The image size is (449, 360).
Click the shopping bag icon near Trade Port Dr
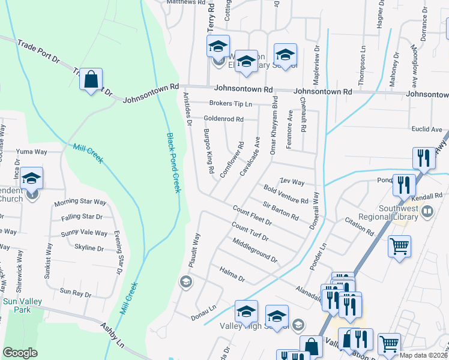pyautogui.click(x=91, y=80)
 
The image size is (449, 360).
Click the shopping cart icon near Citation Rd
pyautogui.click(x=400, y=245)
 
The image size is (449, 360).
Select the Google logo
pyautogui.click(x=20, y=353)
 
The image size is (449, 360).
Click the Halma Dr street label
pyautogui.click(x=232, y=275)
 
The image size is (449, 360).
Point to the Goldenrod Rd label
pyautogui.click(x=223, y=119)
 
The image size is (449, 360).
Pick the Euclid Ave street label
pyautogui.click(x=427, y=129)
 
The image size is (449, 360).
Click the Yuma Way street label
pyautogui.click(x=31, y=152)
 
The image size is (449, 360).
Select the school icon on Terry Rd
pyautogui.click(x=218, y=47)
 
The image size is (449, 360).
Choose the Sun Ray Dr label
pyautogui.click(x=75, y=294)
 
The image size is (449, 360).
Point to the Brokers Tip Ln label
pyautogui.click(x=231, y=104)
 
